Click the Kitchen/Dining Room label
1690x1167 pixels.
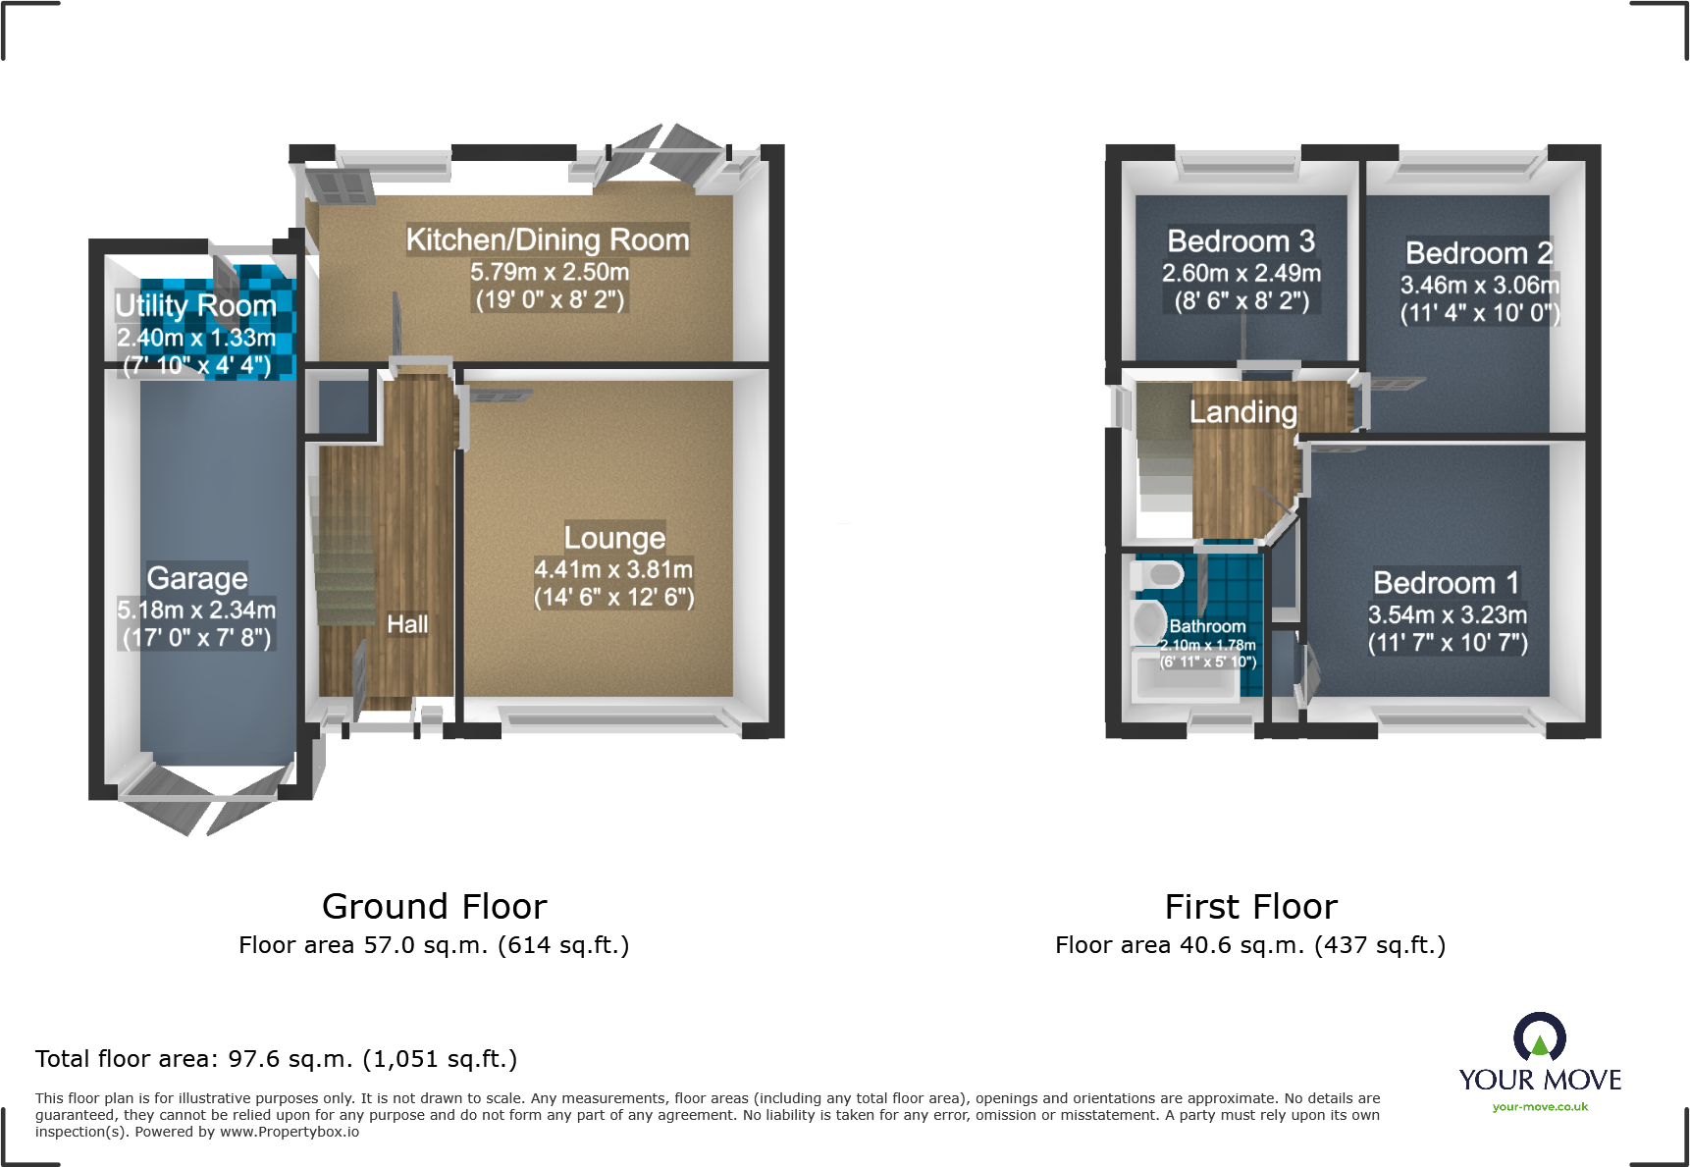point(548,239)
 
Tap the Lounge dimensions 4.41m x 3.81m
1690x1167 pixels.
point(613,569)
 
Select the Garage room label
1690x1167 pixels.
point(196,578)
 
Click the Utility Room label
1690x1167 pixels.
point(195,306)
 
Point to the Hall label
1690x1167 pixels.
point(407,624)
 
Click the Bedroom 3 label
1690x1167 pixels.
point(1241,241)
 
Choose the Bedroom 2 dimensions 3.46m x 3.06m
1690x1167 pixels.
point(1479,286)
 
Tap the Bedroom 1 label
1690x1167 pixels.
point(1446,583)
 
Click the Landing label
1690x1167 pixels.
point(1242,412)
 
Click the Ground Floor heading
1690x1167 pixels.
point(434,906)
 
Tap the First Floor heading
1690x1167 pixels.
point(1250,906)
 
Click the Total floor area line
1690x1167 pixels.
point(276,1059)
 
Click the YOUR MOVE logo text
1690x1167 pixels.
point(1539,1080)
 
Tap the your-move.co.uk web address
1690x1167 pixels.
point(1539,1107)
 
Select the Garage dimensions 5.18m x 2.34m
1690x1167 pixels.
point(196,610)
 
